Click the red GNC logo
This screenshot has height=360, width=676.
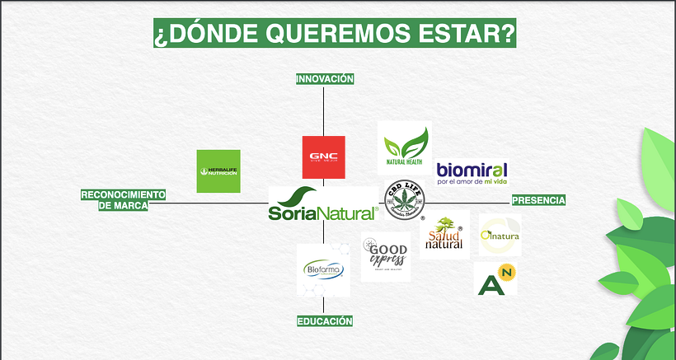323,157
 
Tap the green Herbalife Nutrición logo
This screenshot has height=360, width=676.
218,171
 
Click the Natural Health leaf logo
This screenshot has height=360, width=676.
404,147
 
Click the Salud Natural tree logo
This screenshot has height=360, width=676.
444,234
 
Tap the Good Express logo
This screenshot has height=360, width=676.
385,257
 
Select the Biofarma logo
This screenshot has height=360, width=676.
323,269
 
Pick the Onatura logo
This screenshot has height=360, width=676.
500,235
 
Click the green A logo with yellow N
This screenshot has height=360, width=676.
496,278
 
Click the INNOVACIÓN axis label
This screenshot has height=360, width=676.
325,79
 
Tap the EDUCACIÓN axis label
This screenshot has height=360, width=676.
325,321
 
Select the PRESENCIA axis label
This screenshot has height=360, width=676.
538,200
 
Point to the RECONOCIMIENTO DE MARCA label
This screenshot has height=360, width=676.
123,200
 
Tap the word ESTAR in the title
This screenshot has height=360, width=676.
465,35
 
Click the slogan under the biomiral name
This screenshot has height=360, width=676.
471,181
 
